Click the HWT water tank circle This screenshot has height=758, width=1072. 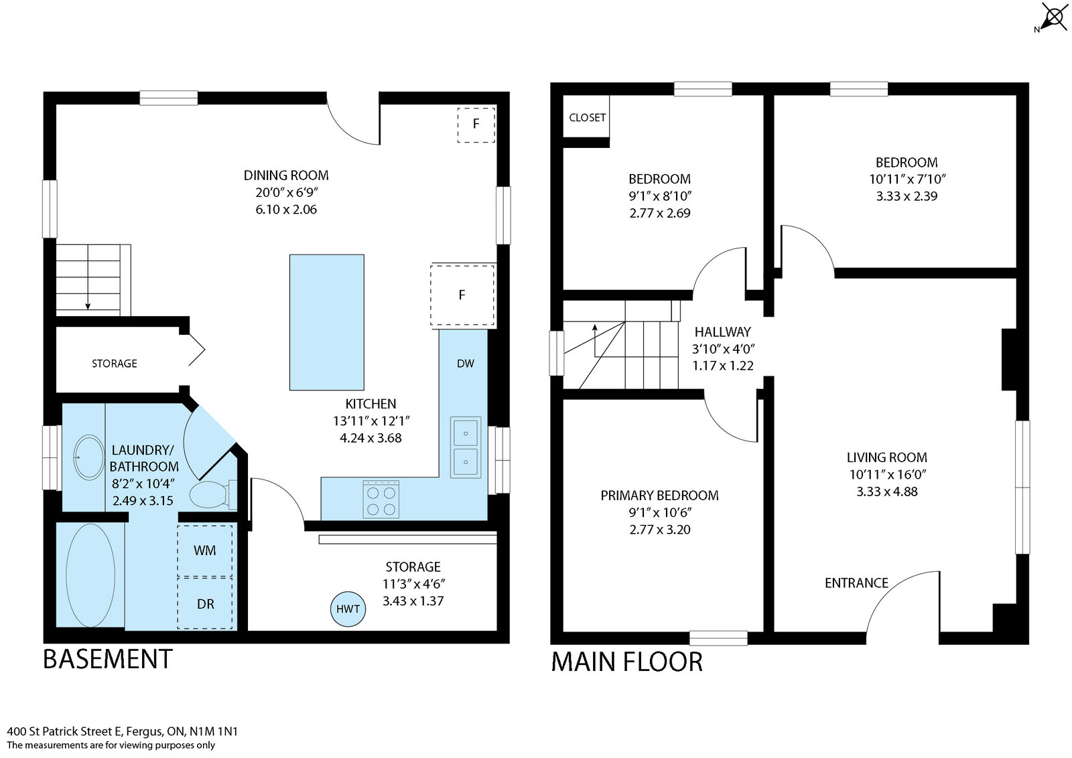pyautogui.click(x=348, y=609)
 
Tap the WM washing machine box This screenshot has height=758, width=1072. pyautogui.click(x=204, y=550)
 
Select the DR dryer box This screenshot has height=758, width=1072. pyautogui.click(x=205, y=603)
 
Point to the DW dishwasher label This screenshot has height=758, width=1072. pyautogui.click(x=465, y=364)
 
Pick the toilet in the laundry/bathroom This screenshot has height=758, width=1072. pyautogui.click(x=208, y=496)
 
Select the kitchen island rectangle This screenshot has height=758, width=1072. pyautogui.click(x=327, y=322)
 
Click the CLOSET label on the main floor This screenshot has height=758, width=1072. pyautogui.click(x=587, y=118)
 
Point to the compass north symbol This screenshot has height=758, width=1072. pyautogui.click(x=1053, y=16)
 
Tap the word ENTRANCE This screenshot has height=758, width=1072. pyautogui.click(x=856, y=583)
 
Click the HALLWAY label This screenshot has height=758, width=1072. pyautogui.click(x=722, y=331)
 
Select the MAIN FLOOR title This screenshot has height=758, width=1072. pyautogui.click(x=626, y=662)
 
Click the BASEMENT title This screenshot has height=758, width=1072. pyautogui.click(x=107, y=659)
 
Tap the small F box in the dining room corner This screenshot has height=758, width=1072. pyautogui.click(x=476, y=124)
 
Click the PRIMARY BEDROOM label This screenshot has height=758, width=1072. pyautogui.click(x=659, y=496)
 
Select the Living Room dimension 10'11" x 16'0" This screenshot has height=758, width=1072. pyautogui.click(x=887, y=474)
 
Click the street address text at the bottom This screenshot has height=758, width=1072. pyautogui.click(x=122, y=731)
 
